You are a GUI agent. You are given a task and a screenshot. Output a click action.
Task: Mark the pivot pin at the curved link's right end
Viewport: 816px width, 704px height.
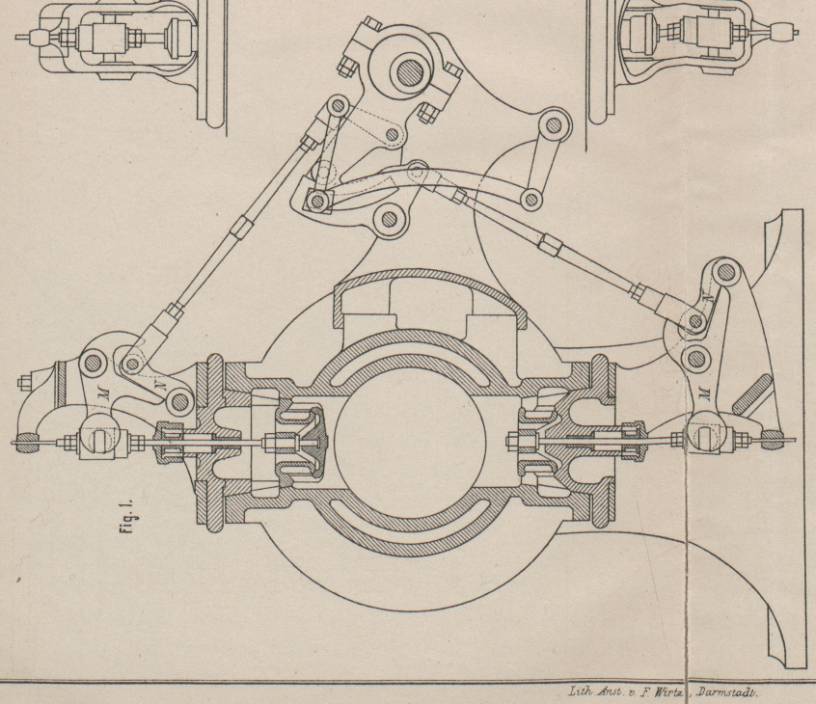(x=529, y=200)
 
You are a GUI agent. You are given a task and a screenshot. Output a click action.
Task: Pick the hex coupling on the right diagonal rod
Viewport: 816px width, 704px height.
(x=551, y=241)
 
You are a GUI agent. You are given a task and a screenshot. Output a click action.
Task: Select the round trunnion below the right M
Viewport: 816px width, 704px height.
(x=702, y=434)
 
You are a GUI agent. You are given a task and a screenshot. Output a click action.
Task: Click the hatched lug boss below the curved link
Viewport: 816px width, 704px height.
(x=389, y=219)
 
